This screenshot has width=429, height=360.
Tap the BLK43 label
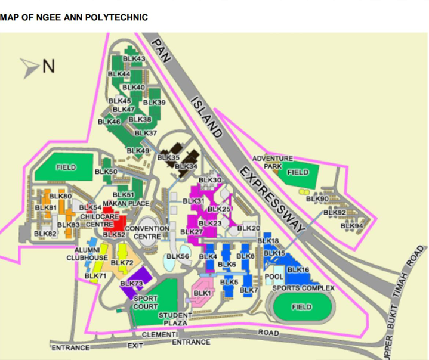pyautogui.click(x=134, y=58)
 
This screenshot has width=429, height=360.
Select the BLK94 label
pyautogui.click(x=352, y=226)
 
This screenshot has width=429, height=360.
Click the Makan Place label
pyautogui.click(x=126, y=204)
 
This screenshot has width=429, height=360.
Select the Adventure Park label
pyautogui.click(x=273, y=162)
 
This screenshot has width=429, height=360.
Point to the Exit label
pyautogui.click(x=135, y=345)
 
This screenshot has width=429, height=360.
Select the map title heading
pyautogui.click(x=74, y=17)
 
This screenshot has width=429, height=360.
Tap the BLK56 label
pyautogui.click(x=178, y=256)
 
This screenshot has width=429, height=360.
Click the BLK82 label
pyautogui.click(x=45, y=234)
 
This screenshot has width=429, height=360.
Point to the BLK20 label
pyautogui.click(x=249, y=228)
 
